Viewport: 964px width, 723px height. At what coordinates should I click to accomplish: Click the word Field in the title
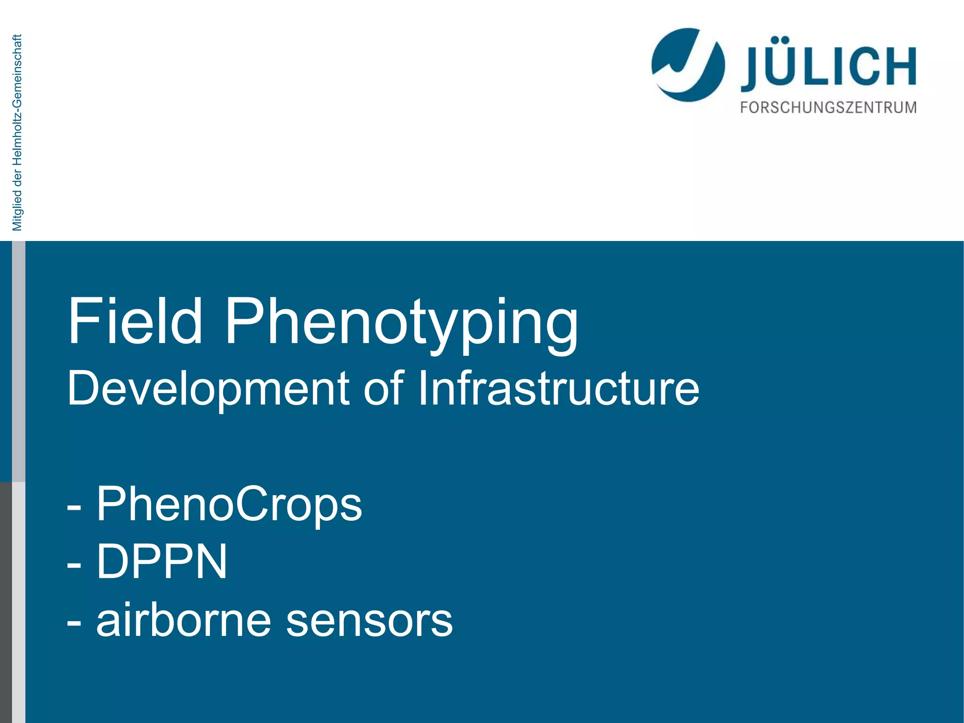pyautogui.click(x=135, y=321)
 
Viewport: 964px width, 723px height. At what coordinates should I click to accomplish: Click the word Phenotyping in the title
pyautogui.click(x=401, y=325)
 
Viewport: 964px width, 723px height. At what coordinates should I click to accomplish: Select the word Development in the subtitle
pyautogui.click(x=209, y=389)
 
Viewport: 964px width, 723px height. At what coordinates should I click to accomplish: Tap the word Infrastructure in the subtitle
pyautogui.click(x=558, y=388)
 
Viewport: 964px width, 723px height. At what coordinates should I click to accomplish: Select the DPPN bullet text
pyautogui.click(x=161, y=562)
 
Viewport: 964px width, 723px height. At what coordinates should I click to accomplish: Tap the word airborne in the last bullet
pyautogui.click(x=184, y=620)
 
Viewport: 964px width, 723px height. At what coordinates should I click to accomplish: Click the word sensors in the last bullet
pyautogui.click(x=369, y=621)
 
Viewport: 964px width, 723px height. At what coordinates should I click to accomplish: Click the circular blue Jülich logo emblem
pyautogui.click(x=687, y=65)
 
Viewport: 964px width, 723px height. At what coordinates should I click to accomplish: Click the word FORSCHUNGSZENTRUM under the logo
pyautogui.click(x=828, y=108)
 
